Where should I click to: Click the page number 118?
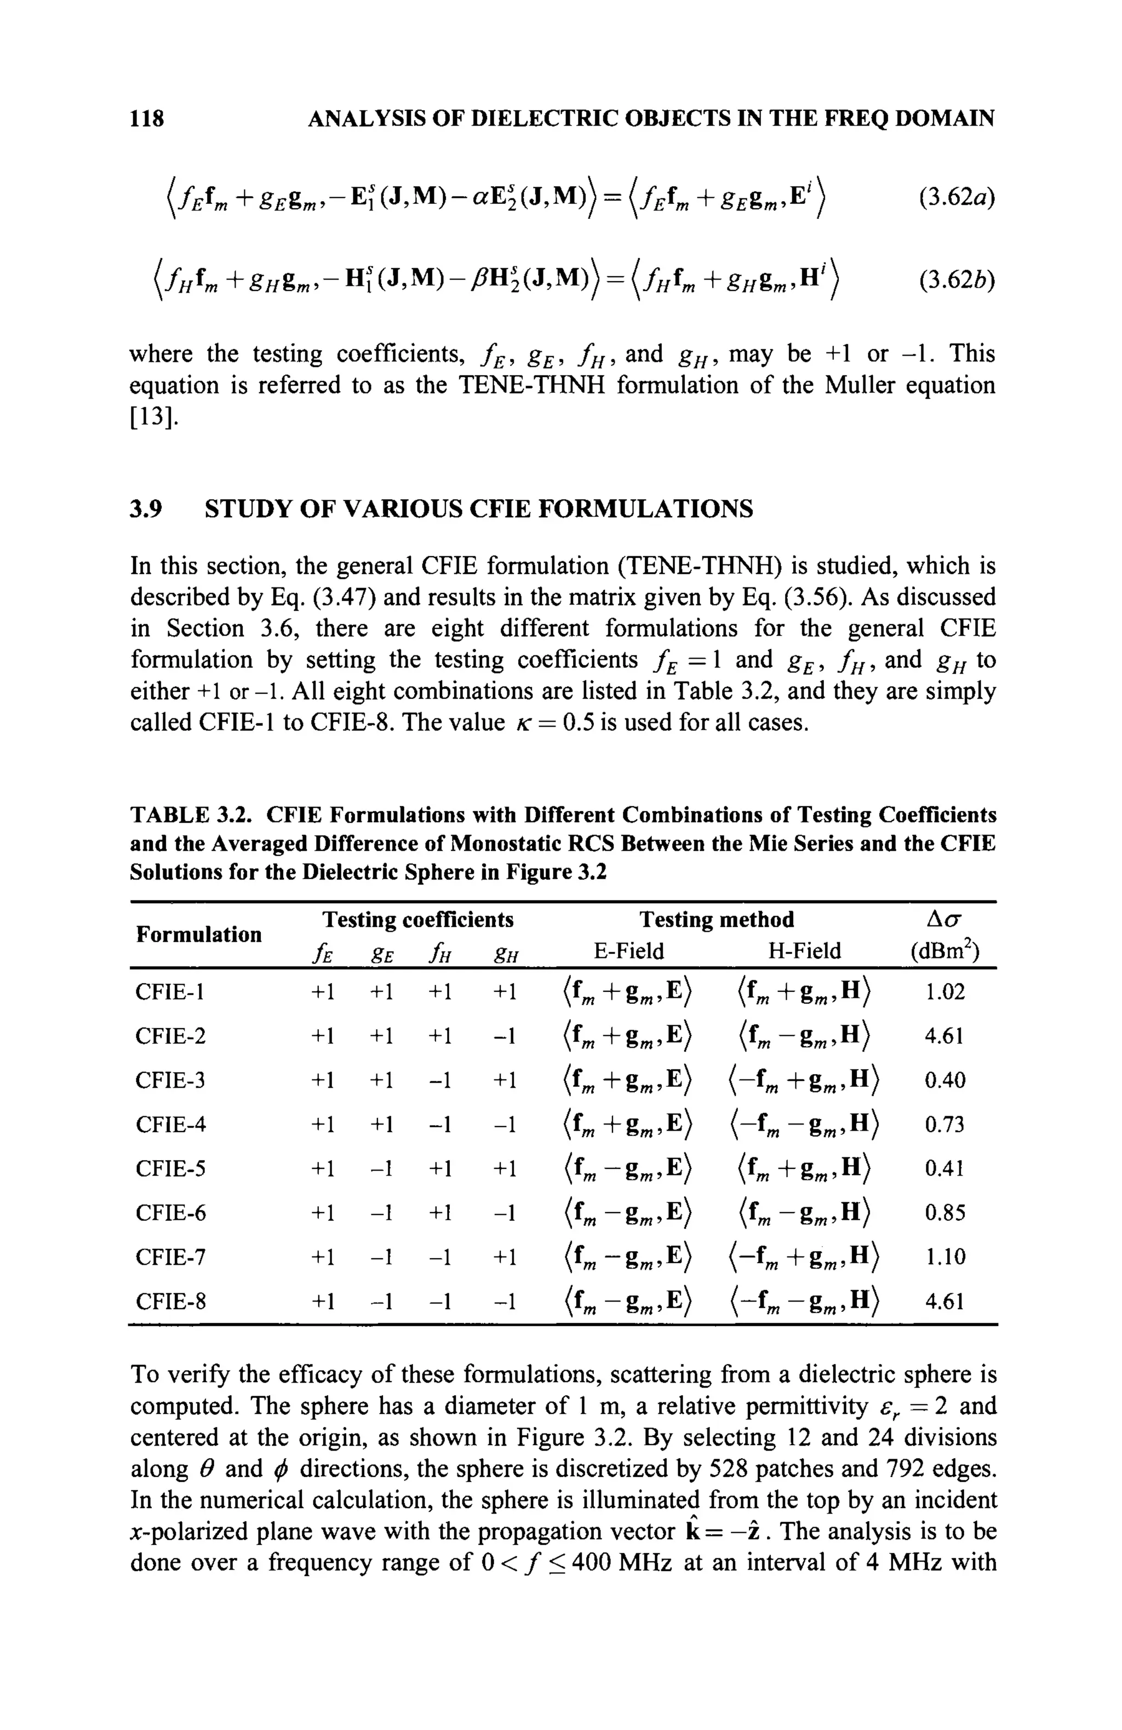tap(147, 118)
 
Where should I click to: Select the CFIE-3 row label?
tap(170, 1080)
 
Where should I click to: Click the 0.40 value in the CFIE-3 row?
tap(944, 1080)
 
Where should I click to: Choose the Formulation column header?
tap(198, 934)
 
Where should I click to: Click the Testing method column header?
tap(716, 920)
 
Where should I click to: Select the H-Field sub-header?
tap(804, 951)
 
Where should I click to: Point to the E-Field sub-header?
tap(628, 951)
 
